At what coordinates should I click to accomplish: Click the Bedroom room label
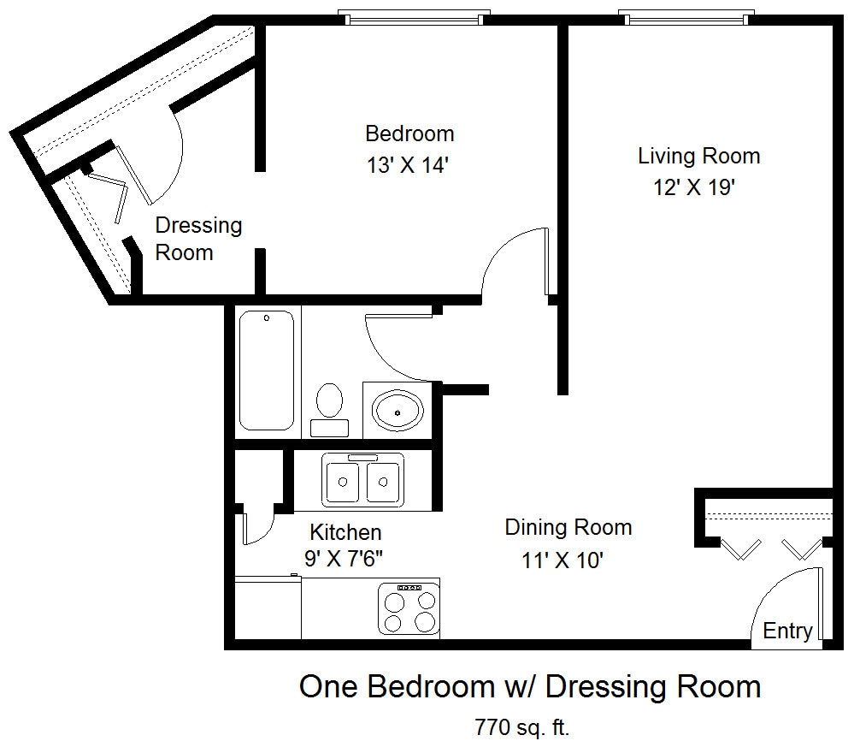click(x=409, y=133)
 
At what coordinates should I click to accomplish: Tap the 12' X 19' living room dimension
click(x=694, y=187)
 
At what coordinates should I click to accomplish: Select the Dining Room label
click(x=568, y=527)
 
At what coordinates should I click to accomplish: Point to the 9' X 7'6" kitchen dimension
click(x=344, y=559)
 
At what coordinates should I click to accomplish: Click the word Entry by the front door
click(x=787, y=631)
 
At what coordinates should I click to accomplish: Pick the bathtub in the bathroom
click(x=267, y=370)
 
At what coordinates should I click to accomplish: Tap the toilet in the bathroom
click(x=329, y=410)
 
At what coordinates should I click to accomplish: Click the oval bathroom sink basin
click(x=398, y=410)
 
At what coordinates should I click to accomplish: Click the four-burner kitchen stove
click(x=409, y=608)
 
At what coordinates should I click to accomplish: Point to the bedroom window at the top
click(x=414, y=18)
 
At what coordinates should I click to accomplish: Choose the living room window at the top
click(x=686, y=18)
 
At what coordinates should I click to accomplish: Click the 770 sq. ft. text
click(x=521, y=726)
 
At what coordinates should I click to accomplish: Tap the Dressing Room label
click(x=198, y=239)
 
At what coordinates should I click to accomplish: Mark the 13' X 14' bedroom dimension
click(x=408, y=164)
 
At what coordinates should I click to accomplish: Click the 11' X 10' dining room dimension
click(x=562, y=560)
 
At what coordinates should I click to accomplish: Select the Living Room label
click(x=698, y=156)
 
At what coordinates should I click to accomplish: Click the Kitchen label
click(x=345, y=531)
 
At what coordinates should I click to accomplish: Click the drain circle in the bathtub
click(x=267, y=318)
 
